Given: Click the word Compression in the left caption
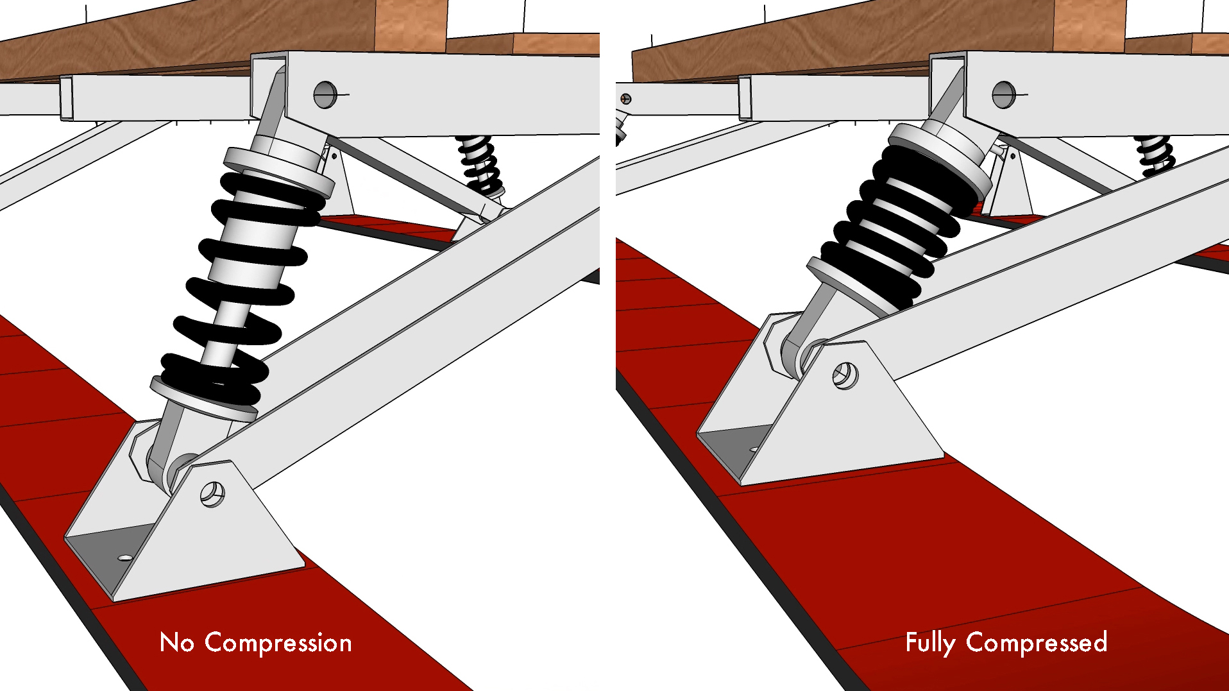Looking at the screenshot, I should [x=278, y=643].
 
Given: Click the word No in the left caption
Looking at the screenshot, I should [x=176, y=642].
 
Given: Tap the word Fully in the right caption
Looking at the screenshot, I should [x=930, y=643].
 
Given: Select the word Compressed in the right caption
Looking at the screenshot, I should [x=1037, y=642].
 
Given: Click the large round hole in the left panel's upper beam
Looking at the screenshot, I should [x=325, y=95].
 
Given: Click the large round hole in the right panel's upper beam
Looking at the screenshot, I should [x=1003, y=95].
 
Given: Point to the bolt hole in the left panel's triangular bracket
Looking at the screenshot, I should [x=212, y=495].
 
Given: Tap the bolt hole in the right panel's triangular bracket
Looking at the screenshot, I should [x=845, y=376].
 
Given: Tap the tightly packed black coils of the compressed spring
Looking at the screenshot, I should [x=898, y=225].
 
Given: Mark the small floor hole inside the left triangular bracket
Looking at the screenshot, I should [x=126, y=558].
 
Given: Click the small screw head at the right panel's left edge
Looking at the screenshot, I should [x=626, y=99].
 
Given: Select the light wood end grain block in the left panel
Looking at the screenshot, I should [x=411, y=26].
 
